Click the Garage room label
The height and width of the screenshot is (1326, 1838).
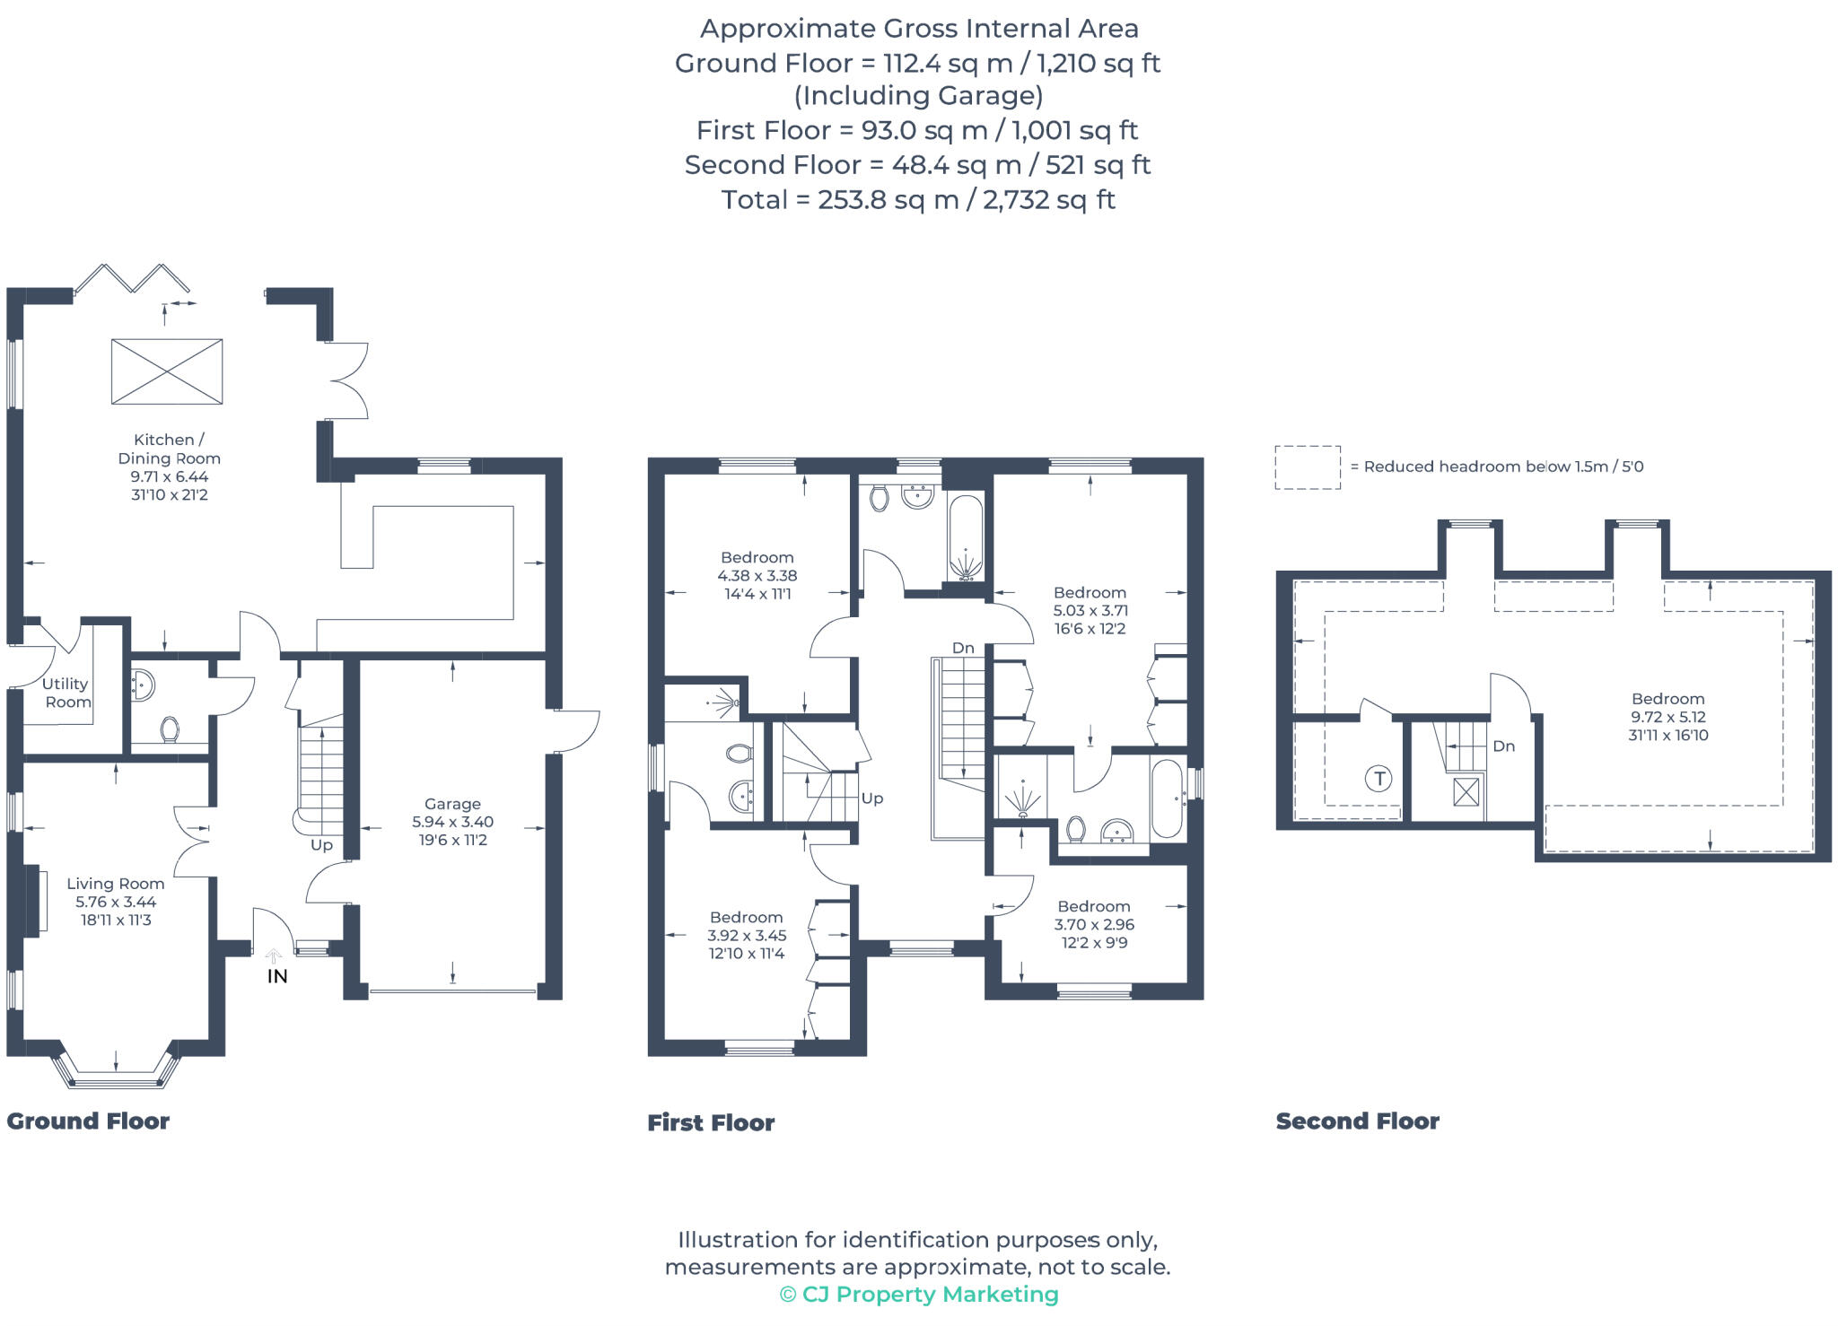(x=452, y=804)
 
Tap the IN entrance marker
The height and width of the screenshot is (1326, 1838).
(x=276, y=976)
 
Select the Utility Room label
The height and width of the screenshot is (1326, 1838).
(x=66, y=693)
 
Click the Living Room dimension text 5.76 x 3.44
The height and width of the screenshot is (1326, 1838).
(x=116, y=902)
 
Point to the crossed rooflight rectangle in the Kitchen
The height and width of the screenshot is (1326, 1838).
(x=167, y=371)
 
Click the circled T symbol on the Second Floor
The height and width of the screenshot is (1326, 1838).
(x=1378, y=779)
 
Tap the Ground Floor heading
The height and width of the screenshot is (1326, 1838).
(x=88, y=1121)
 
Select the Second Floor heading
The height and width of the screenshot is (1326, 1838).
(x=1357, y=1121)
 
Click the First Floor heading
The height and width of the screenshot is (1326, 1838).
(x=711, y=1122)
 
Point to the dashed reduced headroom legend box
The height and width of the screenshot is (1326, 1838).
(x=1308, y=467)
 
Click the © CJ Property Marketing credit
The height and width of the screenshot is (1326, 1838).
(x=919, y=1294)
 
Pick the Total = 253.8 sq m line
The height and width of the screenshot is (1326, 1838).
(x=918, y=199)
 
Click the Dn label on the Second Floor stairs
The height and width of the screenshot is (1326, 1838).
(x=1503, y=746)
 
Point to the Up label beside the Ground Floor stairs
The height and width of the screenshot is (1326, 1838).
(x=321, y=845)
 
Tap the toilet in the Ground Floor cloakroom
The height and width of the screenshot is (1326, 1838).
(x=170, y=729)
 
